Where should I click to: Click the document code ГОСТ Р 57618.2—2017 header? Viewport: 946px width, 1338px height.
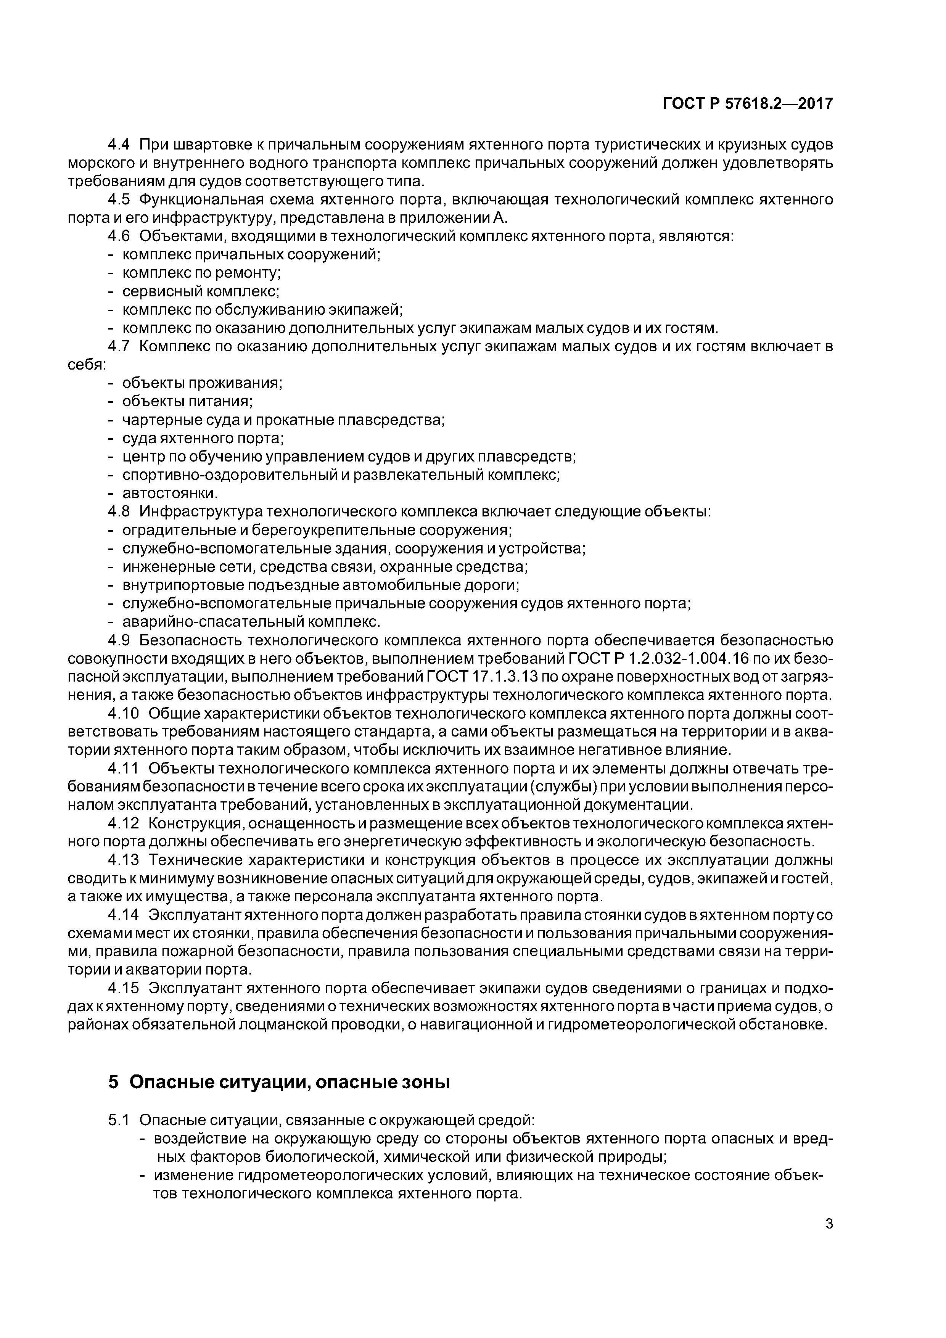pyautogui.click(x=748, y=104)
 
